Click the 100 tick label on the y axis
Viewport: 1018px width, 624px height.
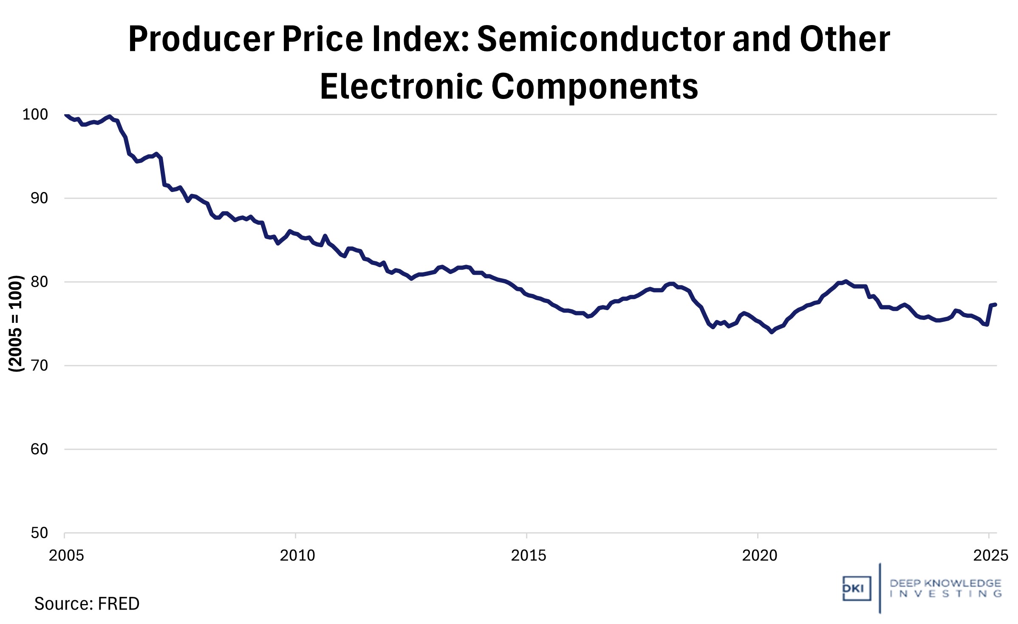click(35, 114)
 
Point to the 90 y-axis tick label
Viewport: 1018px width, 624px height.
click(39, 198)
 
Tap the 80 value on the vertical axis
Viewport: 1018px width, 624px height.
click(39, 282)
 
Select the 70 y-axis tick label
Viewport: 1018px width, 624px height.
click(39, 365)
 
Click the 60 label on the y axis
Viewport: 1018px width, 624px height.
click(39, 449)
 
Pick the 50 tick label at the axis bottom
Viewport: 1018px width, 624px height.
click(39, 533)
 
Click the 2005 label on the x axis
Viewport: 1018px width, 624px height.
click(66, 555)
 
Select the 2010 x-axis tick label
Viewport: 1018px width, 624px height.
click(297, 555)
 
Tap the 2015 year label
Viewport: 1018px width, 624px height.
click(528, 555)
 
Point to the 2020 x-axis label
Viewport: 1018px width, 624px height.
click(759, 555)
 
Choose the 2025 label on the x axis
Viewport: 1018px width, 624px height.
click(990, 555)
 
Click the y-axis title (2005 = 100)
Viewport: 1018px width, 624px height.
click(16, 324)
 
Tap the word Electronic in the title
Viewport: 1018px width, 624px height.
click(401, 87)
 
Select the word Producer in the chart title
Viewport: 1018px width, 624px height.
click(201, 39)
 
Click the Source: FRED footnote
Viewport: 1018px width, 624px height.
click(87, 604)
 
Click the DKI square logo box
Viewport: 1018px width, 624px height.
click(856, 588)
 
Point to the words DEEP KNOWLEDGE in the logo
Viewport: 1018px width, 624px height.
click(945, 583)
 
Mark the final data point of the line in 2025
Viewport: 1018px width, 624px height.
click(995, 305)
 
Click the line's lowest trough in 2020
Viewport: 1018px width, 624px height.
click(772, 332)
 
